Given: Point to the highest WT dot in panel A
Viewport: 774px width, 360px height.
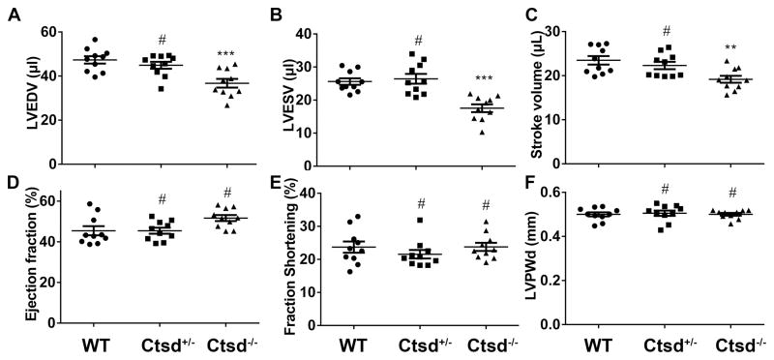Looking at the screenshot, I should click(x=94, y=40).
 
